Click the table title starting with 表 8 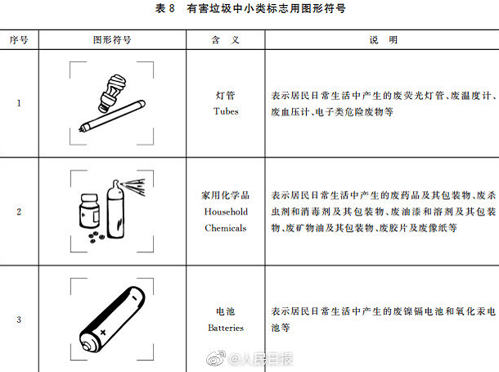[x=249, y=10]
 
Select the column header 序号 [x=20, y=39]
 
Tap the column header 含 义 [x=225, y=39]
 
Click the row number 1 [x=20, y=103]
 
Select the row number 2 [x=20, y=212]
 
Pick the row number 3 [x=20, y=320]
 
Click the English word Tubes [x=225, y=111]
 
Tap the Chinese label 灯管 [x=225, y=96]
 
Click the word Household [x=225, y=211]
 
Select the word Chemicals [x=225, y=228]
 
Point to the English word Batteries [x=225, y=328]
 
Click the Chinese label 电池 [x=225, y=313]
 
